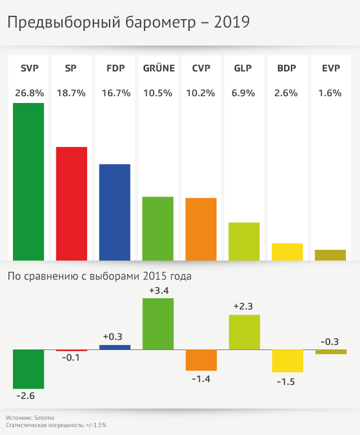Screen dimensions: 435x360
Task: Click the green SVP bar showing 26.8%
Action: (x=28, y=181)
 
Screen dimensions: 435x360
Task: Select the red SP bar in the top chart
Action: (x=71, y=203)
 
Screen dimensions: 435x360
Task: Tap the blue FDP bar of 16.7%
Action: (x=115, y=212)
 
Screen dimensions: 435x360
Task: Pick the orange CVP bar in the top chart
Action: (x=201, y=229)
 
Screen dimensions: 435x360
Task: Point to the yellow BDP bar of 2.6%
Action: (x=287, y=252)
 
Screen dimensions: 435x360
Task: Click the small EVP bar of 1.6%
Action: (x=330, y=255)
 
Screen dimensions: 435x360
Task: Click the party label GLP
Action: (x=242, y=69)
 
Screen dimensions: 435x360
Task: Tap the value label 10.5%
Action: (x=157, y=93)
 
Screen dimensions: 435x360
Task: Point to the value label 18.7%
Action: (x=71, y=93)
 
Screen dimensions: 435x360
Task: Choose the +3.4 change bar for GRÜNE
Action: (x=157, y=324)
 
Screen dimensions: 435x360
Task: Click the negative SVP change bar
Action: (x=28, y=369)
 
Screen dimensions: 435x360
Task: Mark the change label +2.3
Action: (x=244, y=307)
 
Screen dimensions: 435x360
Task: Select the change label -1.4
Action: (x=201, y=379)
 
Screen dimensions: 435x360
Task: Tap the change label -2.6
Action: (x=26, y=396)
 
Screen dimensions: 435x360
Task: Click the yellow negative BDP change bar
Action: (x=287, y=361)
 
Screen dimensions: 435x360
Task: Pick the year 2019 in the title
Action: (x=232, y=23)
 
